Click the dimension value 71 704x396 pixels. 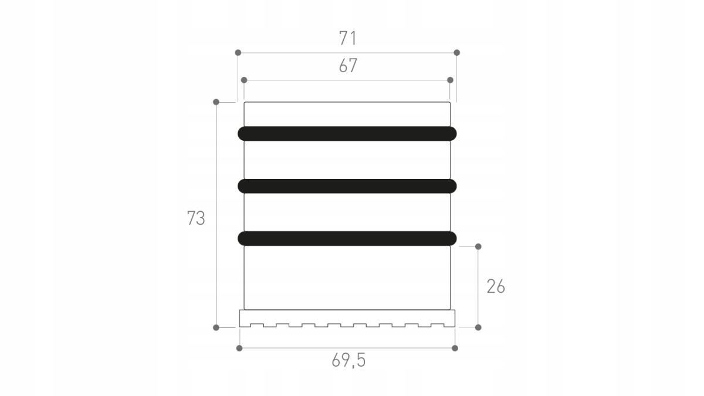point(347,38)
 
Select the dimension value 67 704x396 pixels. point(348,66)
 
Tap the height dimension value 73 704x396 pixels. point(196,218)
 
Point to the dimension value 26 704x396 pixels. point(496,287)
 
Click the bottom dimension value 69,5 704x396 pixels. point(348,360)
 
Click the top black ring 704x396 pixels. point(347,134)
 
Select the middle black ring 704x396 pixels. point(347,186)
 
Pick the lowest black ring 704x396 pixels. point(347,238)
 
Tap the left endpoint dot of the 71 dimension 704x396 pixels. point(238,52)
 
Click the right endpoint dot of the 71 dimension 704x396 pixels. point(456,52)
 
